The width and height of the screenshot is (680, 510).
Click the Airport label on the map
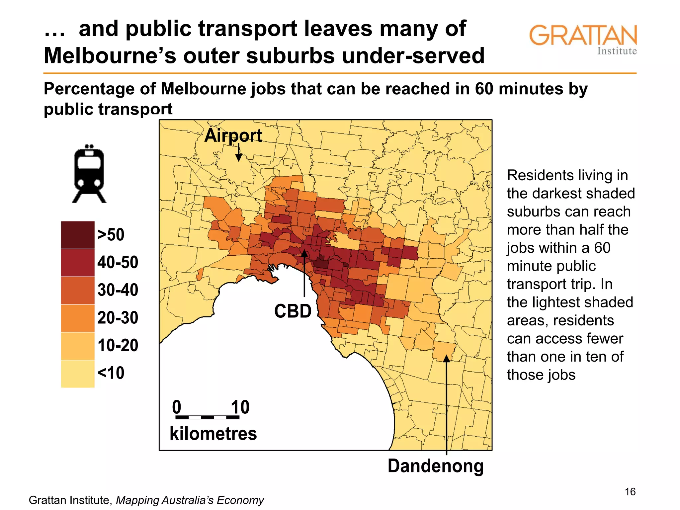click(x=233, y=135)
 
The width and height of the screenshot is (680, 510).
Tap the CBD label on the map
click(x=293, y=311)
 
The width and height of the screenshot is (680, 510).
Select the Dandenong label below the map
click(x=435, y=466)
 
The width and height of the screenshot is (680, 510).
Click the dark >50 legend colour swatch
click(x=78, y=235)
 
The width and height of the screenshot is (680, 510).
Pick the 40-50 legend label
click(x=118, y=262)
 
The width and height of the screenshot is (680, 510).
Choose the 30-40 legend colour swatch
click(x=78, y=290)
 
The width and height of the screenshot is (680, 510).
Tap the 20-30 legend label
click(x=118, y=318)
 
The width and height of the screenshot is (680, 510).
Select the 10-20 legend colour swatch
click(x=78, y=346)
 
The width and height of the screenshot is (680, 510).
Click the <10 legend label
click(x=111, y=373)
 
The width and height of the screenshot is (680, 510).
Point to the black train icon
click(x=89, y=174)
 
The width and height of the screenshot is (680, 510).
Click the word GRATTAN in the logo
click(x=583, y=35)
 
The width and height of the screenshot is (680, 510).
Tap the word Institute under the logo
click(x=617, y=51)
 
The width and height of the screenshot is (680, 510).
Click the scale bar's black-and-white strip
click(x=207, y=417)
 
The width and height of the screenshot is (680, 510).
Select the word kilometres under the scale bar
click(x=213, y=434)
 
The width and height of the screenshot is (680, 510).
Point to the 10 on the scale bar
click(x=240, y=407)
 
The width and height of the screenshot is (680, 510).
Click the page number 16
click(x=630, y=491)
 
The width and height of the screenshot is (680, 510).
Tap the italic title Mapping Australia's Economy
click(x=190, y=500)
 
